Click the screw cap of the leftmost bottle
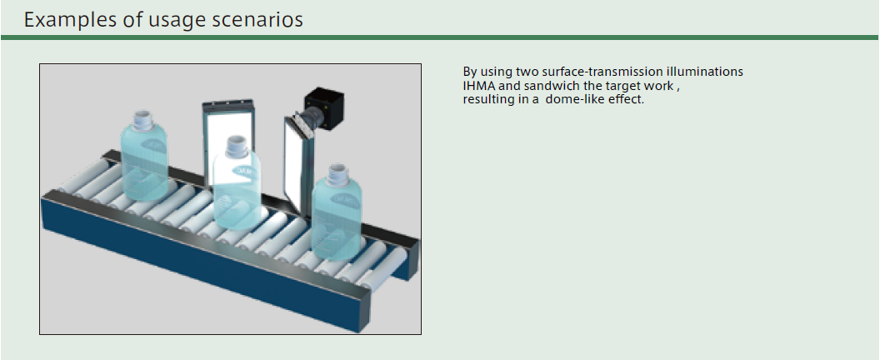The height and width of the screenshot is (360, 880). tap(143, 120)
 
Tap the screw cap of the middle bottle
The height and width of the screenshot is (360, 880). tap(237, 146)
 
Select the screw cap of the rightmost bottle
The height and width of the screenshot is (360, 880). tap(337, 173)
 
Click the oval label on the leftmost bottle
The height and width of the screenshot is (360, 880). tap(152, 146)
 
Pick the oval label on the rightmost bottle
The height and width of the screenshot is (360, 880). tap(346, 199)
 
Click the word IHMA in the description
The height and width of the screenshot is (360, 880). tap(478, 86)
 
